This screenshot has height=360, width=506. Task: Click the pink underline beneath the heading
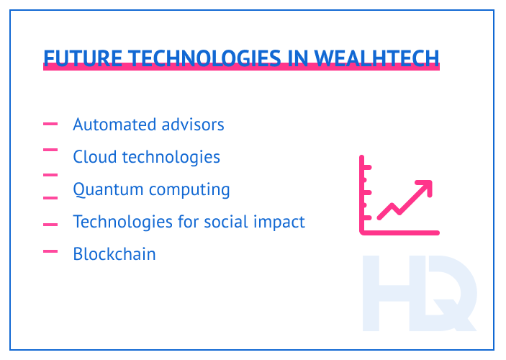[x=241, y=68]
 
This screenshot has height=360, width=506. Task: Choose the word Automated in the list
[x=109, y=125]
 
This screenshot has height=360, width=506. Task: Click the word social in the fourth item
[x=230, y=222]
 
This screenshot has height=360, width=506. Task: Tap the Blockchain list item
[x=114, y=254]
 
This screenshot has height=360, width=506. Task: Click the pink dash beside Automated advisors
[x=50, y=124]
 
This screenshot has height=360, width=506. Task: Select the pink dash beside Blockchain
[x=50, y=251]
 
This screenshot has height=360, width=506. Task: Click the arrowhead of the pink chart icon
[x=425, y=186]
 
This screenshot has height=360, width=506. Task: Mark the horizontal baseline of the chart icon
[x=400, y=232]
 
